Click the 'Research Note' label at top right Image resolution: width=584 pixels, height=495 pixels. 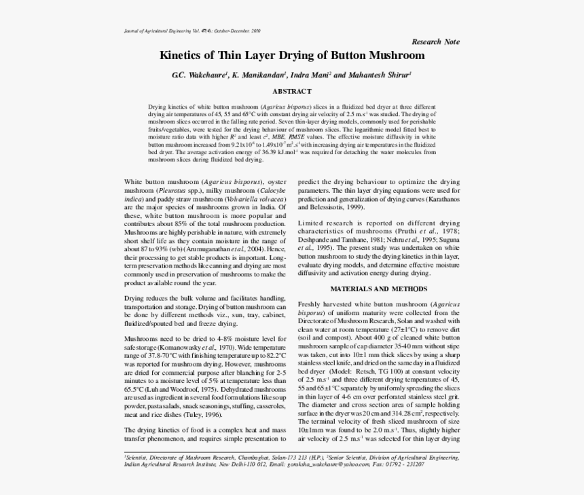point(435,41)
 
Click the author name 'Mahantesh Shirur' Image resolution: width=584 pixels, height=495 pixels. point(381,75)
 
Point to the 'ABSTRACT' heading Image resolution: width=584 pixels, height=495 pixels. point(292,91)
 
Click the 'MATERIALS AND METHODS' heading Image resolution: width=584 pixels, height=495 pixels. point(378,289)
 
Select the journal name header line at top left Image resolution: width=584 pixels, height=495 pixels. point(192,31)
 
